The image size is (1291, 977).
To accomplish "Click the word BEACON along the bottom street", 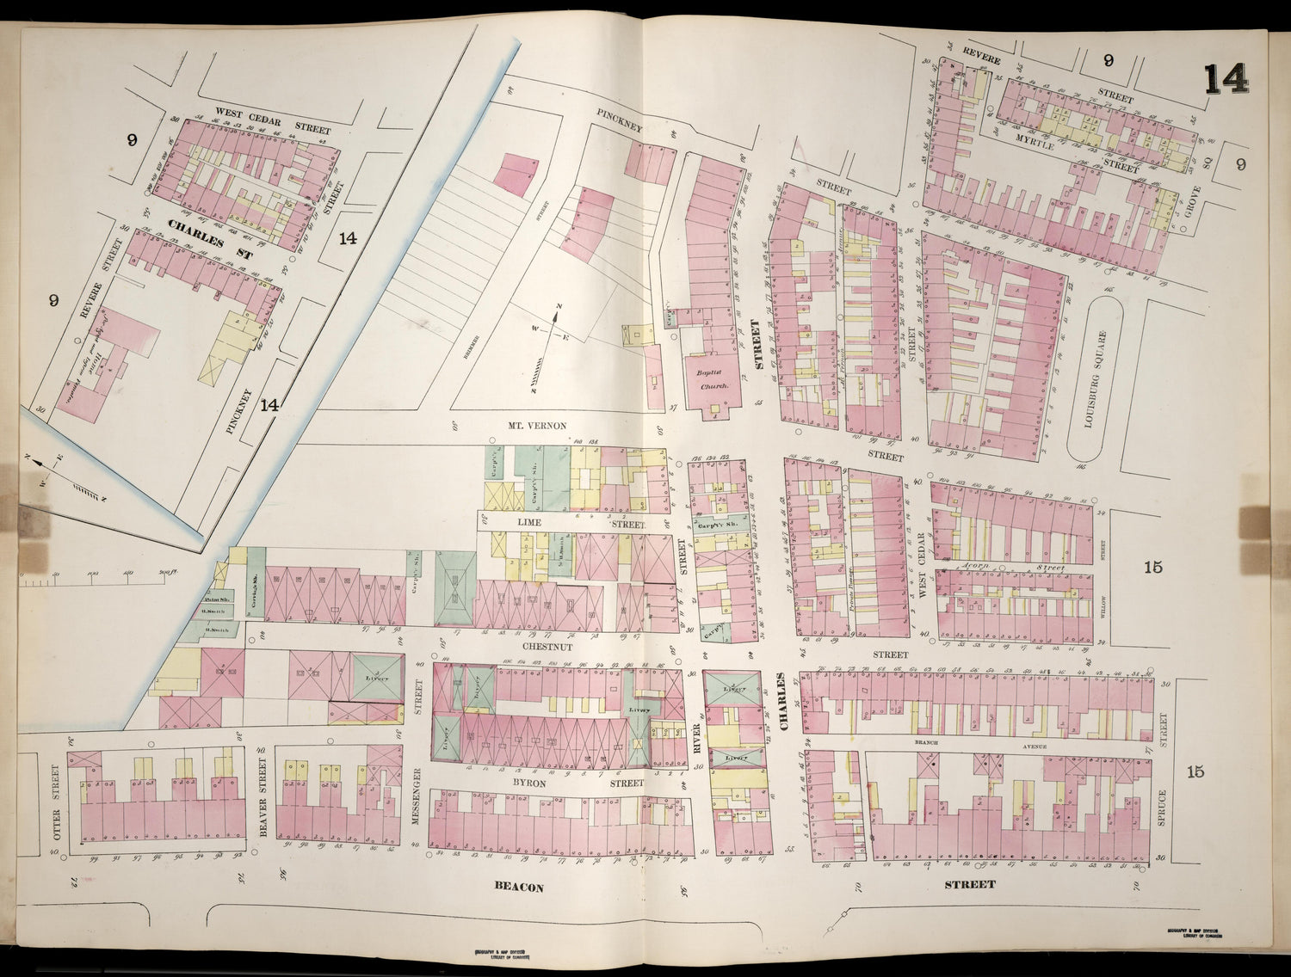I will pos(519,887).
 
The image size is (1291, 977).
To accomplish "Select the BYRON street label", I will pos(534,783).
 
